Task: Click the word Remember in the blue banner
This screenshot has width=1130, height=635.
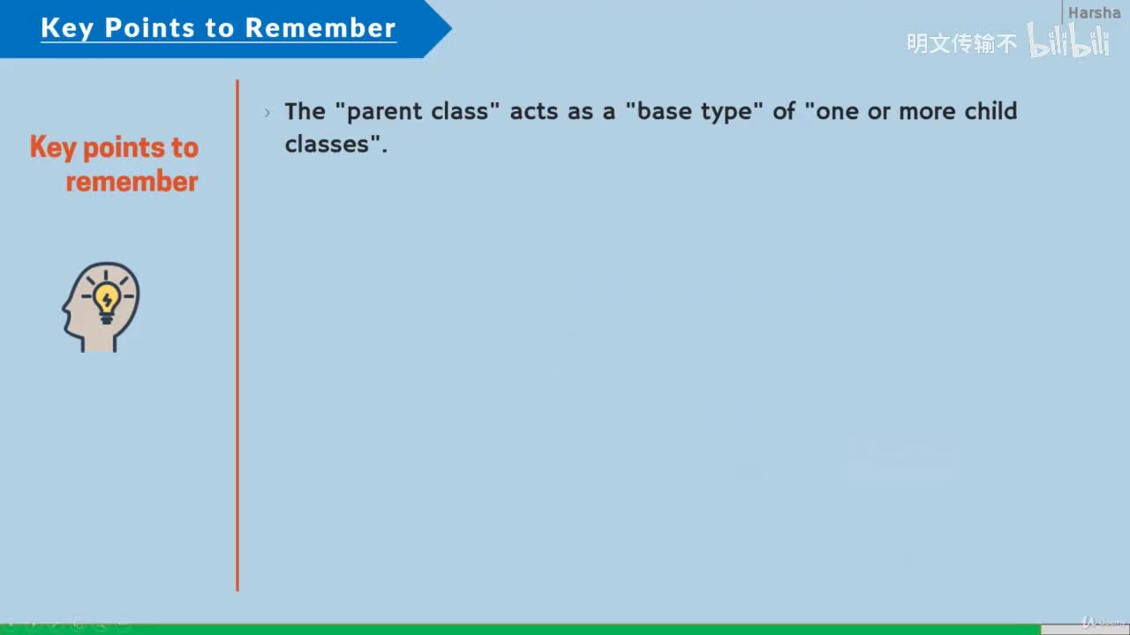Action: coord(320,27)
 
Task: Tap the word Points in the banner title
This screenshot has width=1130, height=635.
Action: coord(149,27)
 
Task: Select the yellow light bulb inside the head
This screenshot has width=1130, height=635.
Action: coord(107,303)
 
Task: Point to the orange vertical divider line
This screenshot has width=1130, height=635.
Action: coord(237,335)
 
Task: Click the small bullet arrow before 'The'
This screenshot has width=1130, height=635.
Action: coord(267,112)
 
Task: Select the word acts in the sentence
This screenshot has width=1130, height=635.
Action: coord(534,111)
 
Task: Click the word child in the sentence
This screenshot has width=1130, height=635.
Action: coord(991,110)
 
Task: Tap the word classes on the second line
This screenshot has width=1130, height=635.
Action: coord(327,144)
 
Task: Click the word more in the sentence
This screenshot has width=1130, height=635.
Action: coord(927,111)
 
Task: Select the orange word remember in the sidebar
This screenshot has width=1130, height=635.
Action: coord(132,182)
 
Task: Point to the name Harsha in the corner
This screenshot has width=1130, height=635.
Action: coord(1094,12)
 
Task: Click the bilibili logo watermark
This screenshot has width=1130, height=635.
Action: coord(1068,41)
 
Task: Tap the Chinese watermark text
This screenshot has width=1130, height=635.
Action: coord(961,43)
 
